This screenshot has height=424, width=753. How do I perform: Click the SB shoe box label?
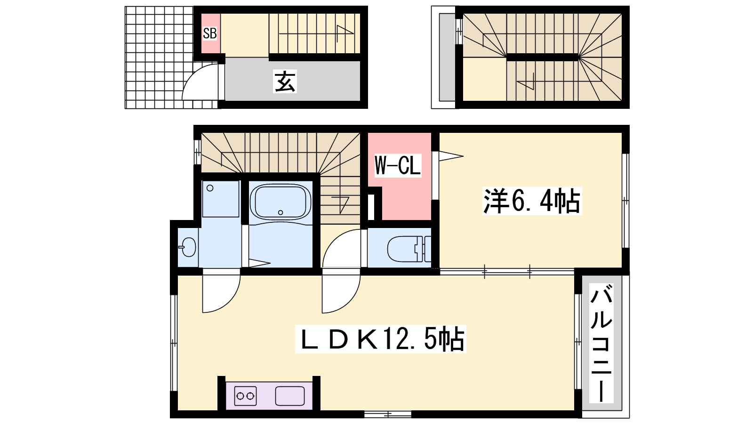210,33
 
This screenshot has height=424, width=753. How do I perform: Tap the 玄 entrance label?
285,81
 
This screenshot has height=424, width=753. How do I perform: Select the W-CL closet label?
398,165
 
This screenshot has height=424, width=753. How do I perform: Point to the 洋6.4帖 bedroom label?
532,201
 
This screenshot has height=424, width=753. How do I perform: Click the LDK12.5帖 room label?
381,339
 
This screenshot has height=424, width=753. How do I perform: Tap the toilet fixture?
409,249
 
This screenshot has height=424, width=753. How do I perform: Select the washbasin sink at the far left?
188,247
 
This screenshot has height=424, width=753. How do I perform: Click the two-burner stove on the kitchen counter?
245,396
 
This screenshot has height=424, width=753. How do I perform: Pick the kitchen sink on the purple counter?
290,396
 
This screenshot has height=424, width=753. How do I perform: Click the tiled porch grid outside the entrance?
159,57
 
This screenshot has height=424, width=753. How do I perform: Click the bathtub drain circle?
280,212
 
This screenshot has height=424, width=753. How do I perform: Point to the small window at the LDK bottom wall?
388,414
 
